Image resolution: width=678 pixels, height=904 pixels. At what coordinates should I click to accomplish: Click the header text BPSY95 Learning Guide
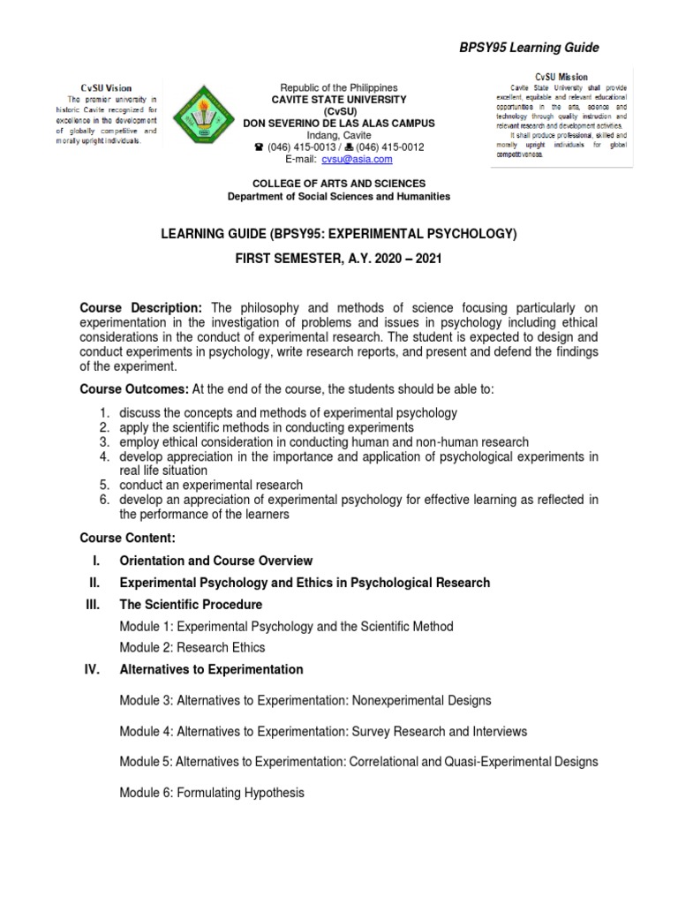[540, 46]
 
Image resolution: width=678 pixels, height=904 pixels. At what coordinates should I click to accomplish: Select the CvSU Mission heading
[561, 78]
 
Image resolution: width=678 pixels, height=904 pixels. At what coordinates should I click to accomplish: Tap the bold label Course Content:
[127, 537]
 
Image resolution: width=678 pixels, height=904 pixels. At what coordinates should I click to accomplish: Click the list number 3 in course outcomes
[103, 441]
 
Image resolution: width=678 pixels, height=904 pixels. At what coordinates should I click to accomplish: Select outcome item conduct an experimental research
[211, 485]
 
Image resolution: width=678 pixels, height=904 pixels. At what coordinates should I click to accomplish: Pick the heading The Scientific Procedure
[191, 604]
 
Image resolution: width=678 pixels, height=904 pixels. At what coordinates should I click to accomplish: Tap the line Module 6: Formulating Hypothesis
[212, 793]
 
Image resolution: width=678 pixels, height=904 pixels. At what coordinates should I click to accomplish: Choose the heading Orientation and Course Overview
[216, 560]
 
